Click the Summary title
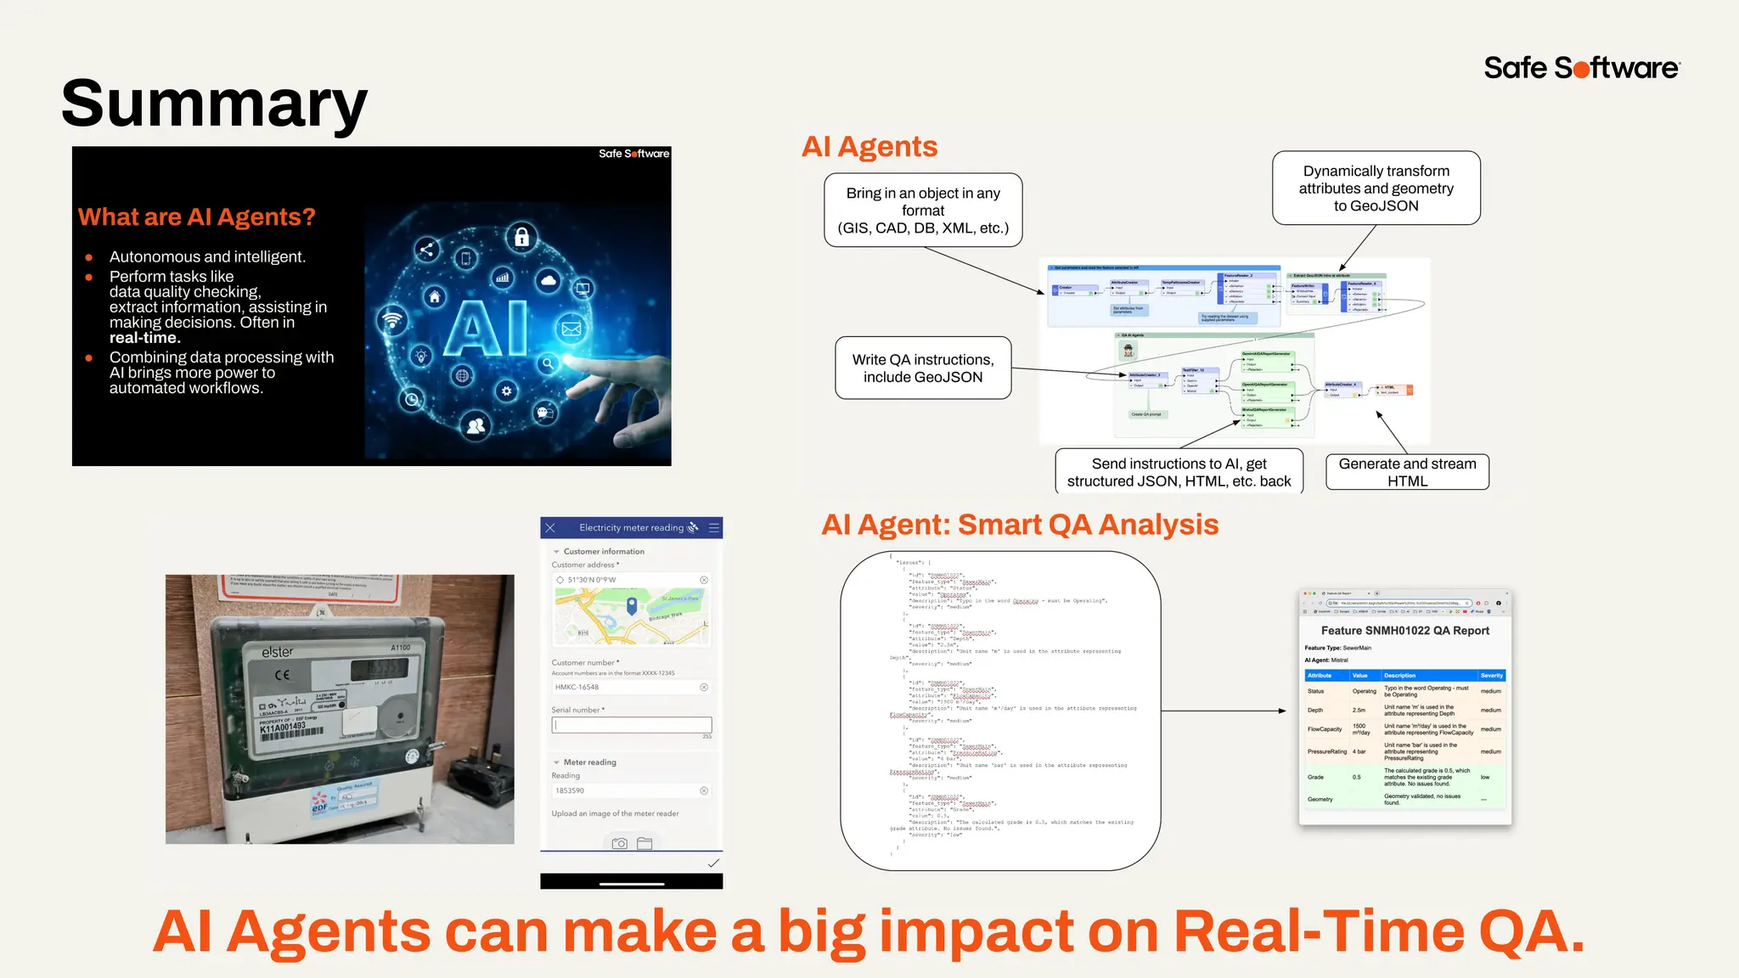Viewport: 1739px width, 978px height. [214, 104]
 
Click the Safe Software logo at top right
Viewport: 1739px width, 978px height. [1581, 68]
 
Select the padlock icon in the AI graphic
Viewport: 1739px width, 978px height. [521, 237]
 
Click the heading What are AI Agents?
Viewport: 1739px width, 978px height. [196, 217]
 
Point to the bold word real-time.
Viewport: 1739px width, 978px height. [144, 338]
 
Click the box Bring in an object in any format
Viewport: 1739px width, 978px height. [923, 211]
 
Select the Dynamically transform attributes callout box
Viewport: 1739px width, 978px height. [1376, 188]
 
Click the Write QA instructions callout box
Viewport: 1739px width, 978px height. [923, 368]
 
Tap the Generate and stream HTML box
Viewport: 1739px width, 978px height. [1407, 472]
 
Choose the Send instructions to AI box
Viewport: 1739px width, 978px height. [1179, 472]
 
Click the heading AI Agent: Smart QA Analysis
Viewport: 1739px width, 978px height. [1019, 525]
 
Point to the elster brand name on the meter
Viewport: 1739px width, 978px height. [278, 652]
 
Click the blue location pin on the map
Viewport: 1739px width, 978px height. [632, 605]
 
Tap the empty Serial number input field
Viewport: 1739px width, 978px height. [632, 725]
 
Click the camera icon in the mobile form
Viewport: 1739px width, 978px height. [620, 843]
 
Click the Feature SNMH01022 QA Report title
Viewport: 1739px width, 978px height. [1404, 631]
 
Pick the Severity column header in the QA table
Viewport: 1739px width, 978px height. [1491, 676]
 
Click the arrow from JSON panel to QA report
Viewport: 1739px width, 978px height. [1223, 711]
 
